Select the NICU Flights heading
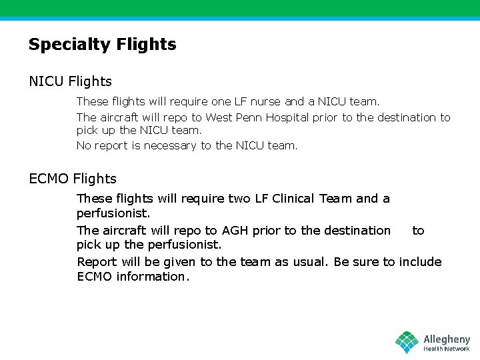(x=70, y=81)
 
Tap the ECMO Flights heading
(x=73, y=179)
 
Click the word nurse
(x=266, y=101)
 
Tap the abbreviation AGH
(x=235, y=231)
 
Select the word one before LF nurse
(x=221, y=101)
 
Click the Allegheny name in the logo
(x=447, y=339)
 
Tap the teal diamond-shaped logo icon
(x=407, y=342)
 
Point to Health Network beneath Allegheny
(x=447, y=349)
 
